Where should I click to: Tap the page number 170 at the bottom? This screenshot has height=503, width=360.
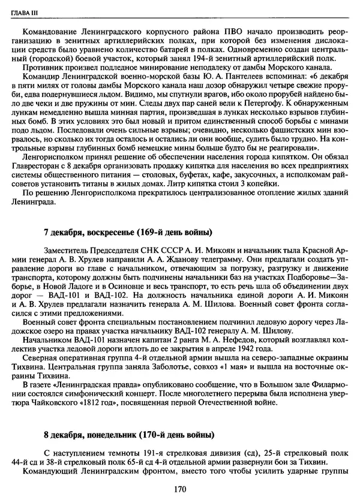[180, 489]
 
